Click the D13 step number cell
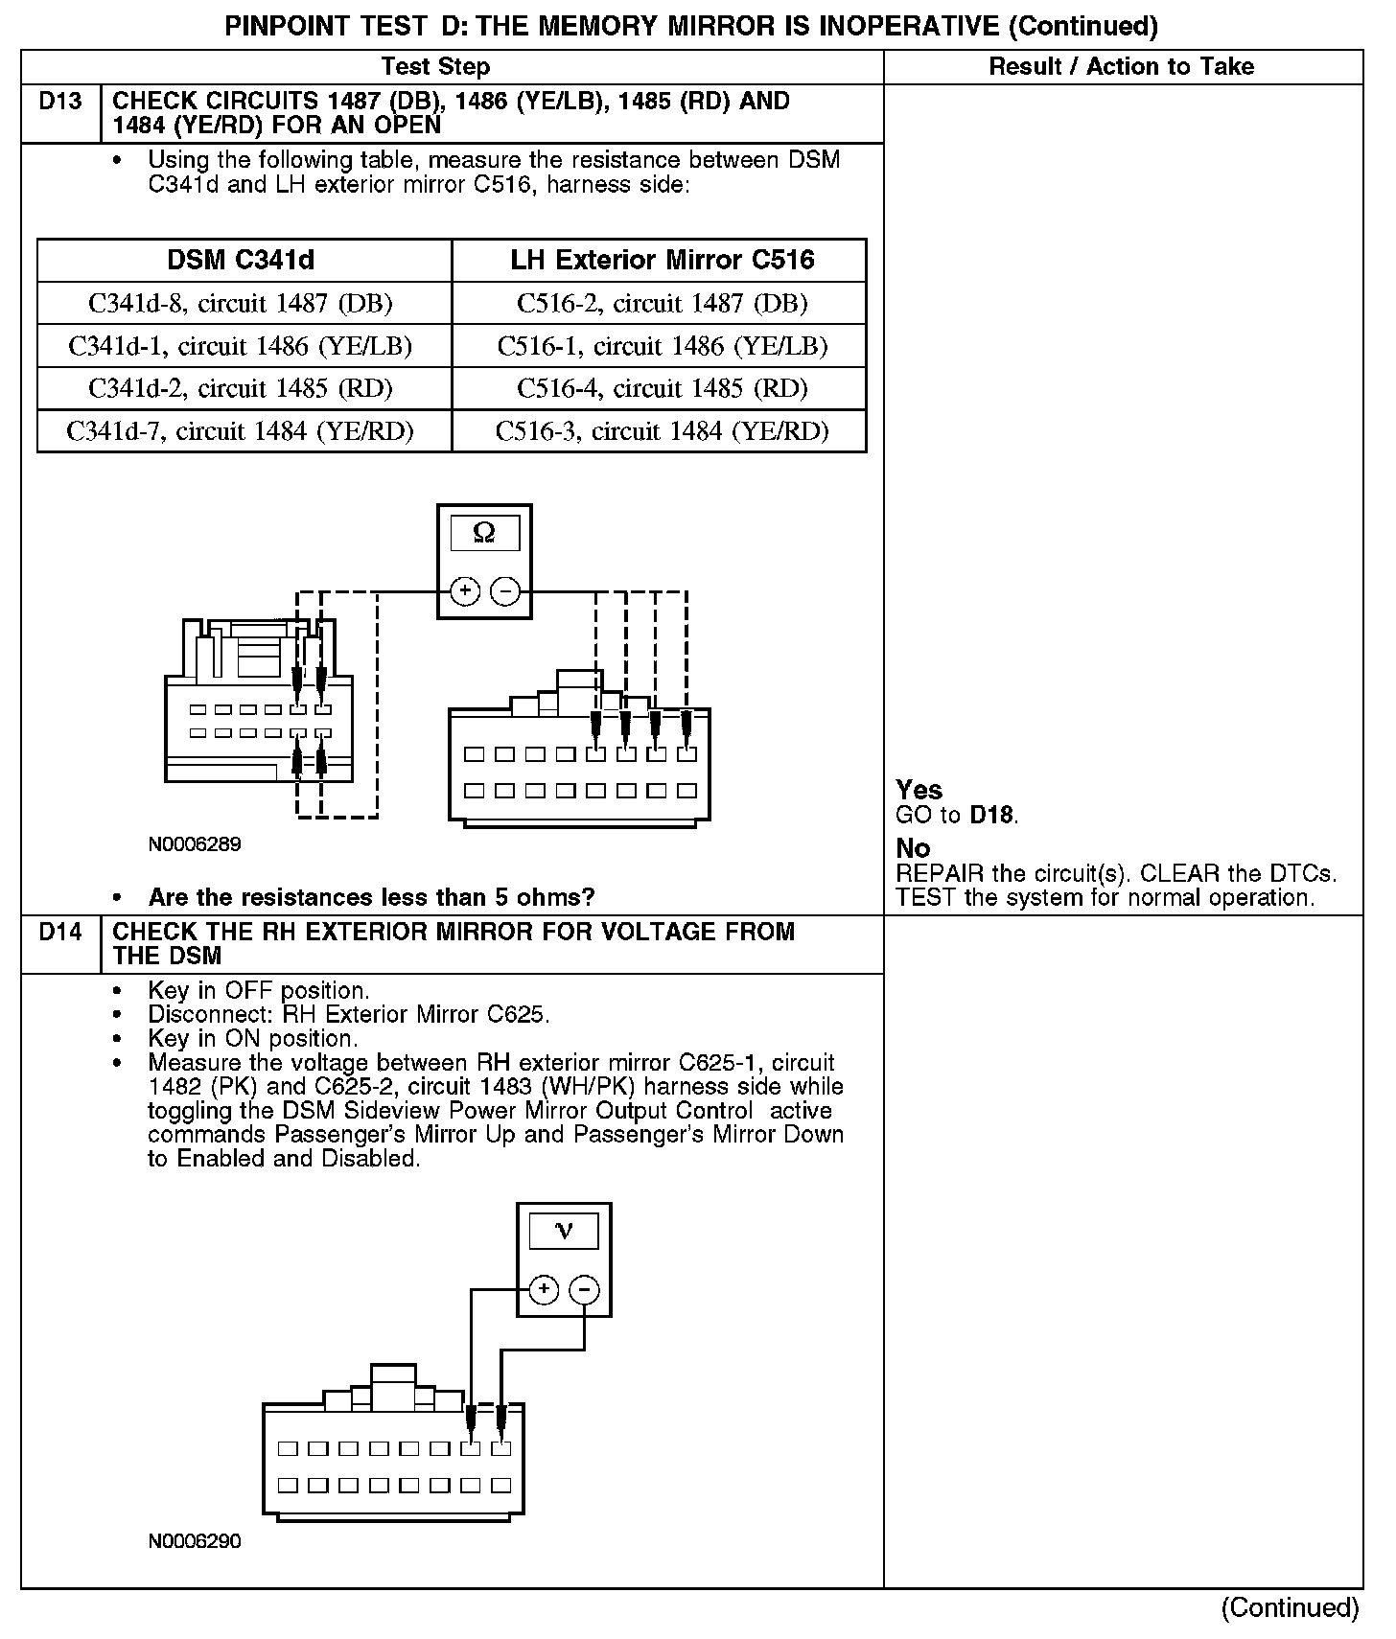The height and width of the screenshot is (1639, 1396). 60,102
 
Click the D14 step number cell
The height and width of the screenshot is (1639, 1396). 60,932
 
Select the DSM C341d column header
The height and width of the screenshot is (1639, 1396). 241,260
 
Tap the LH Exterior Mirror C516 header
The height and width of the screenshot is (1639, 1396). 662,260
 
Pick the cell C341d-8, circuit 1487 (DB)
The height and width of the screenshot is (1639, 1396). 241,304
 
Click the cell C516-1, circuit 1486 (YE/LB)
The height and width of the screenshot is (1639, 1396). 662,346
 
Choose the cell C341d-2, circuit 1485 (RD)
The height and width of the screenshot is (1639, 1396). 241,388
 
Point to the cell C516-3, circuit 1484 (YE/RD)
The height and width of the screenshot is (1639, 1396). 662,431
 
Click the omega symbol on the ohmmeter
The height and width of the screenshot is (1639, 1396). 484,533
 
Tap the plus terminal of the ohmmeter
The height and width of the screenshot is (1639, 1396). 465,591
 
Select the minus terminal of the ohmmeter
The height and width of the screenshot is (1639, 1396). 504,591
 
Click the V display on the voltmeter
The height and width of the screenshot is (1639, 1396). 564,1231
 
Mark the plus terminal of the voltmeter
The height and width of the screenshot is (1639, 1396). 544,1289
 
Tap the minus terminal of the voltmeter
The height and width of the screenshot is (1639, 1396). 585,1289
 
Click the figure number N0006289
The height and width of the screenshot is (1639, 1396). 195,844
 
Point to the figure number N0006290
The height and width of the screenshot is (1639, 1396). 195,1541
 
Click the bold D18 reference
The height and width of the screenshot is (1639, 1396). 991,816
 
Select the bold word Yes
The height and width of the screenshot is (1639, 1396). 919,790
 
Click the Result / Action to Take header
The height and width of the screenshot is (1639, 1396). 1121,66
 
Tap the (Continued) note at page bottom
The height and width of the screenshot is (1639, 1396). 1290,1607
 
